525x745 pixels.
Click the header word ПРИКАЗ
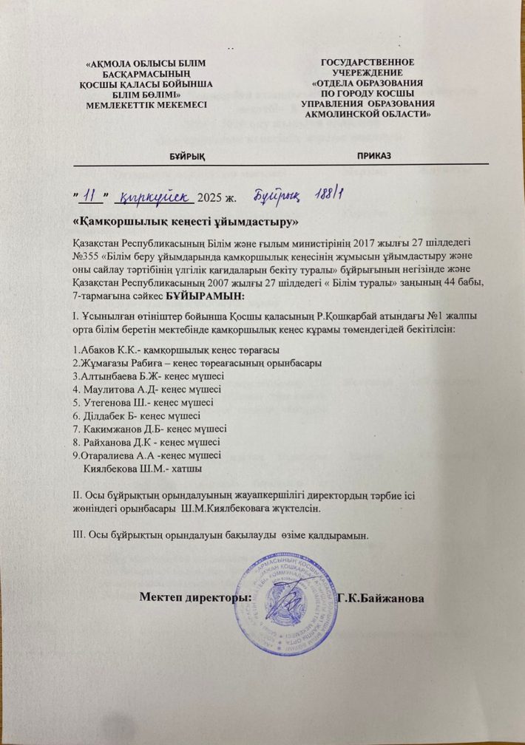coord(374,157)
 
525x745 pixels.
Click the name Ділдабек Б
coord(105,415)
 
